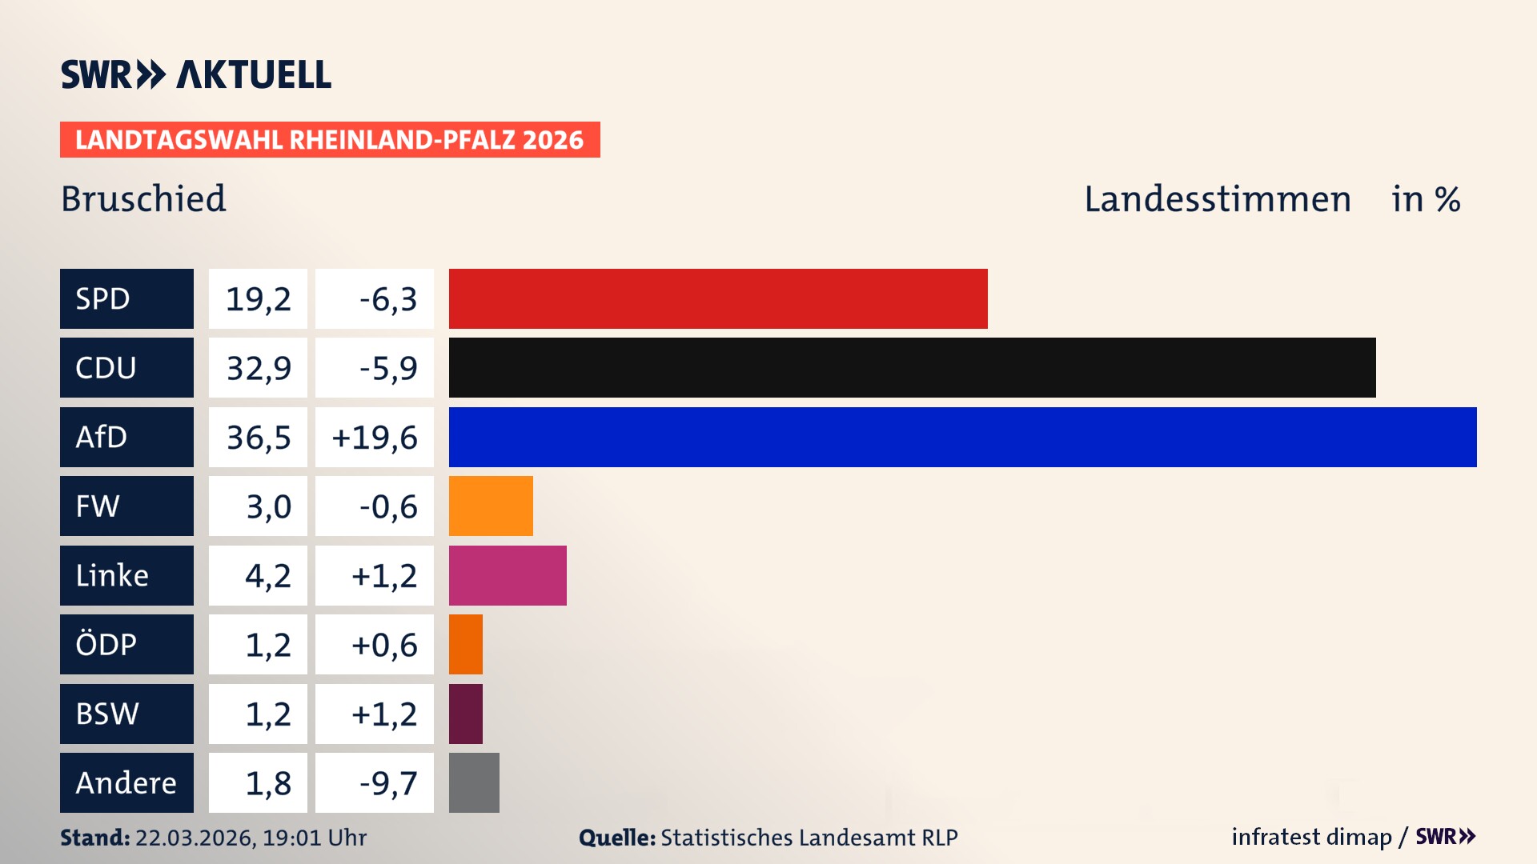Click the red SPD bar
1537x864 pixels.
click(x=718, y=298)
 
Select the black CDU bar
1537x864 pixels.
click(x=912, y=367)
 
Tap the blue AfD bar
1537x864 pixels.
click(x=962, y=437)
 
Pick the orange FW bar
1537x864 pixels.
click(x=491, y=506)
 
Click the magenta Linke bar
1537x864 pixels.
click(x=508, y=575)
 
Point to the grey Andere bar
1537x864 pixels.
click(x=474, y=782)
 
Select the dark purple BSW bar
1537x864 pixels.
click(x=466, y=714)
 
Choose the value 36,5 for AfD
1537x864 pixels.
click(x=258, y=438)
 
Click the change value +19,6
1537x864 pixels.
click(x=375, y=438)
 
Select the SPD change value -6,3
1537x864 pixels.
click(x=387, y=299)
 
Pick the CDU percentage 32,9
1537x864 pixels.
click(x=258, y=368)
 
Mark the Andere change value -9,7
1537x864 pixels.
click(x=387, y=783)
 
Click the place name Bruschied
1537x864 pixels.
click(x=143, y=198)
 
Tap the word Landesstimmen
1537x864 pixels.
click(x=1217, y=199)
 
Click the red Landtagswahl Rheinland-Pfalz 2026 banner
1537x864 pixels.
click(x=329, y=139)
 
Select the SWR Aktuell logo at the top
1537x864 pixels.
click(x=195, y=74)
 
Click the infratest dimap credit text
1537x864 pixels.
click(x=1310, y=837)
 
